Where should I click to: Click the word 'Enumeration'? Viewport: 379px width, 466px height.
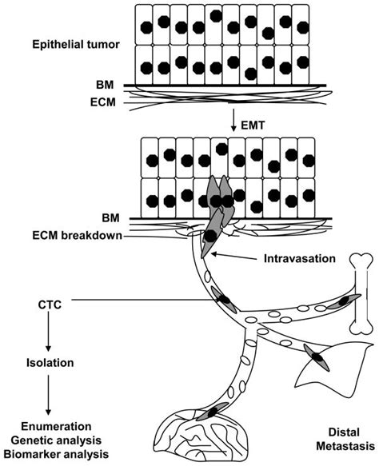pos(52,426)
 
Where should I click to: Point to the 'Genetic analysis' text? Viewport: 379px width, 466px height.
pos(52,440)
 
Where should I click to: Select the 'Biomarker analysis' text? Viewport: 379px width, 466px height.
pos(52,455)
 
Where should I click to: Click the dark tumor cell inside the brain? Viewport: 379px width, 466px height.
pos(213,412)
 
